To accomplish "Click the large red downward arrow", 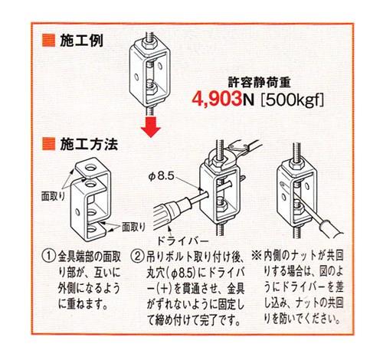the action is pos(151,126).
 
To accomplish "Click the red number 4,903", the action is pos(217,100).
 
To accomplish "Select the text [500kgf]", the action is pos(292,100).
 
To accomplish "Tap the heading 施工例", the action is pos(81,41).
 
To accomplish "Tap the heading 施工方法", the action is pos(89,144).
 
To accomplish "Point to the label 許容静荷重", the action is pos(259,83).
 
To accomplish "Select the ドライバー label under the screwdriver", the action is pos(182,241).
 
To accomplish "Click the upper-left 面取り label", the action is pos(53,196).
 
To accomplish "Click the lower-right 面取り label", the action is pos(133,227).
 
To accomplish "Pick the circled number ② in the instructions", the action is pos(137,257).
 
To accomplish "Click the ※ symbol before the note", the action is pos(256,256).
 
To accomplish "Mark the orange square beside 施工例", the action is pos(48,41).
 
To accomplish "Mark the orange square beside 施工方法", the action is pos(48,144).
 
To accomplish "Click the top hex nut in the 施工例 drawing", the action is pos(147,45).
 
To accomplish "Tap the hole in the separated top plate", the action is pos(91,168).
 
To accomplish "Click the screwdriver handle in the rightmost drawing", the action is pos(331,230).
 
